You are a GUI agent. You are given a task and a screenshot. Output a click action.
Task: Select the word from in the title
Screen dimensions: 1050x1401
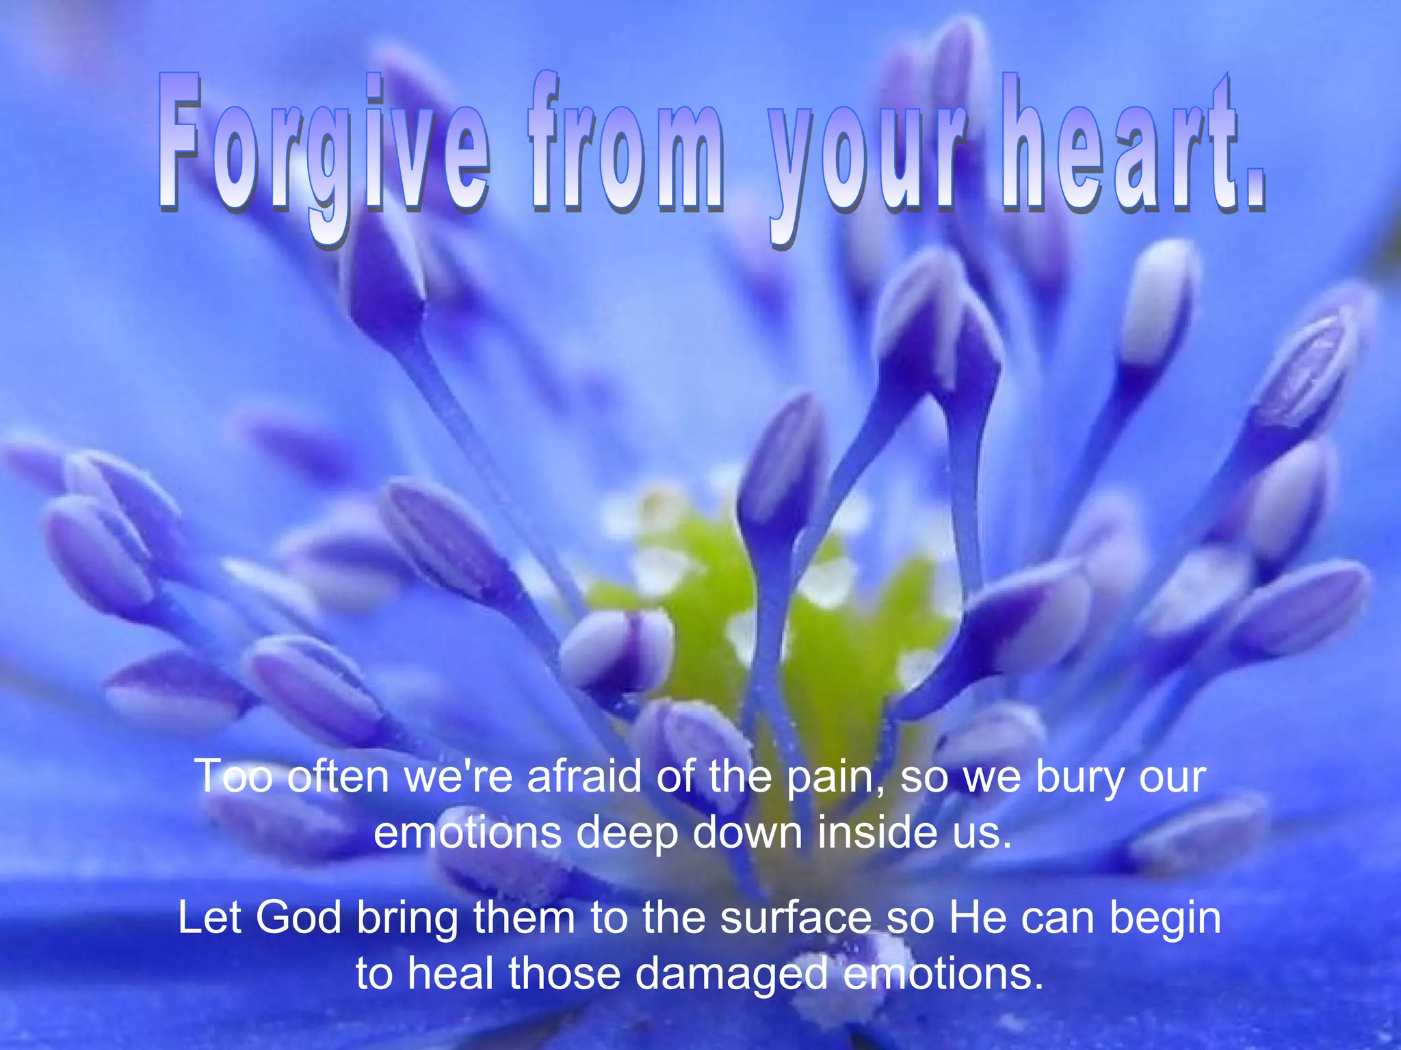coord(626,147)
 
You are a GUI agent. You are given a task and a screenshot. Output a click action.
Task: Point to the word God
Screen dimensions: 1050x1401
coord(298,917)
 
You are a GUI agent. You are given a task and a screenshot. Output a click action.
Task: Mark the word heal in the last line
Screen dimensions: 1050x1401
coord(451,973)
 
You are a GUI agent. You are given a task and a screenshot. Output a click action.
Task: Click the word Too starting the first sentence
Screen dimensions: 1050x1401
coord(234,777)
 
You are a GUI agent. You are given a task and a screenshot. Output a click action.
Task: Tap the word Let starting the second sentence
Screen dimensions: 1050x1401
coord(209,917)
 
